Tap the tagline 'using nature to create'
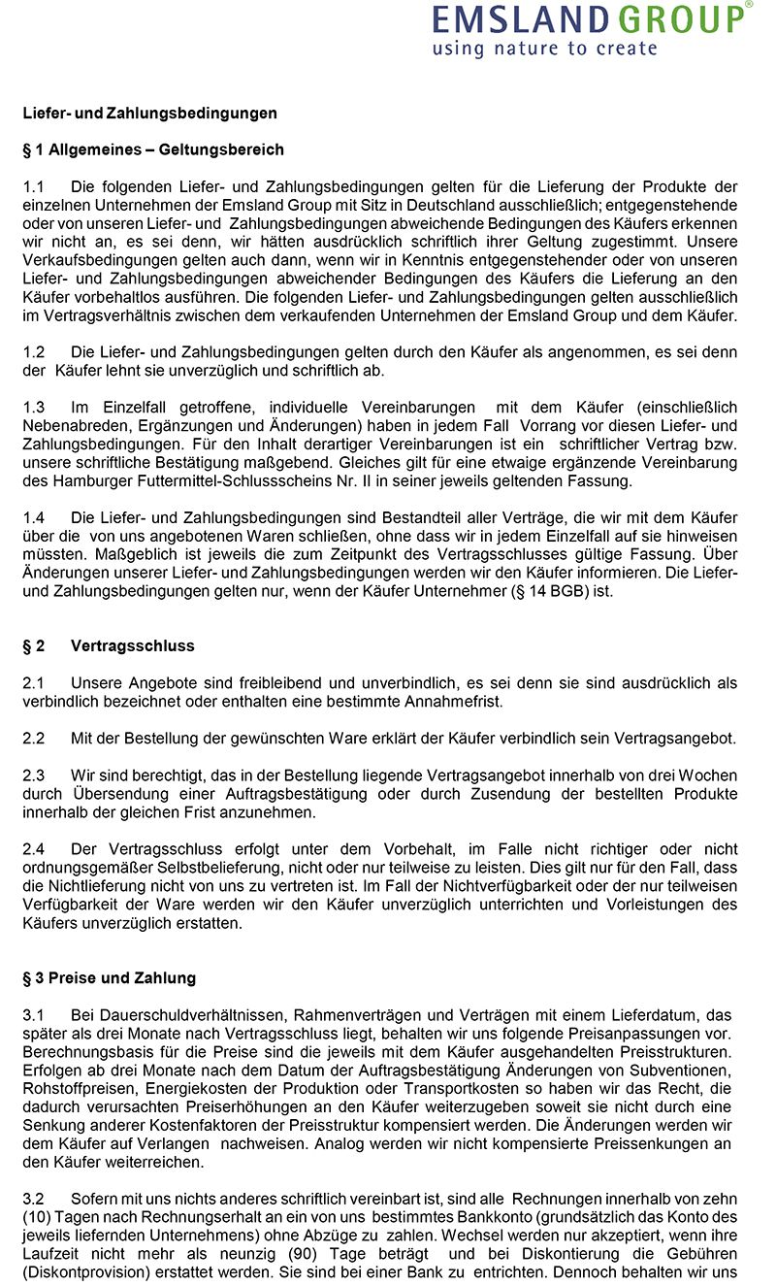[544, 48]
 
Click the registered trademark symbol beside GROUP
[749, 5]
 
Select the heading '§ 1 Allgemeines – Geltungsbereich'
[153, 149]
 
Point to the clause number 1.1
[34, 185]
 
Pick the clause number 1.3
[34, 408]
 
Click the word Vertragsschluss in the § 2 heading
[132, 645]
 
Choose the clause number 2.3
[34, 775]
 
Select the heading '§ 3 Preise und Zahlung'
[109, 977]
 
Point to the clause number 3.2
[34, 1199]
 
